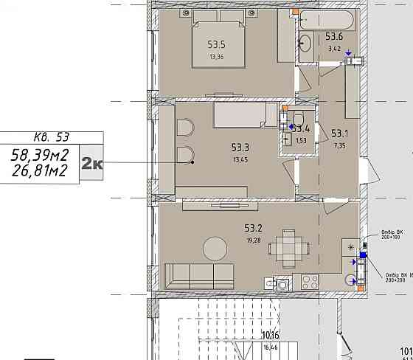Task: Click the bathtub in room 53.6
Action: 327,20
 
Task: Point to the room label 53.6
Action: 334,37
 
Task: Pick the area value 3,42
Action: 334,49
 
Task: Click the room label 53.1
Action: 339,134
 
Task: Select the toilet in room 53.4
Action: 299,120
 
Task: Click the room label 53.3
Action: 241,148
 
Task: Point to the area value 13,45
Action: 241,159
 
